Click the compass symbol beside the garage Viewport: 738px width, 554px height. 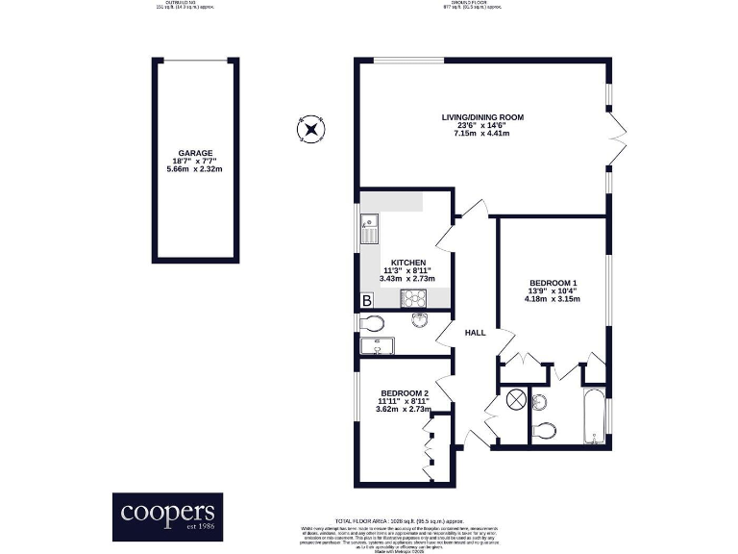312,128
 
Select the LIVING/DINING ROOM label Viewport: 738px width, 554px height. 481,117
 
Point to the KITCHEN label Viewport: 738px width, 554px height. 408,261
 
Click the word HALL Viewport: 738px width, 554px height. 475,333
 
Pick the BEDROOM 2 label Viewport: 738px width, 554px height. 404,394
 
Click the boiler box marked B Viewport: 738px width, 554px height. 366,301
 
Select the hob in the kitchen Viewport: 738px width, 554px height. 414,298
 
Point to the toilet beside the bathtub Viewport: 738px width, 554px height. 544,431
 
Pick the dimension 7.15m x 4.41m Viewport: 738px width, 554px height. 481,134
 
